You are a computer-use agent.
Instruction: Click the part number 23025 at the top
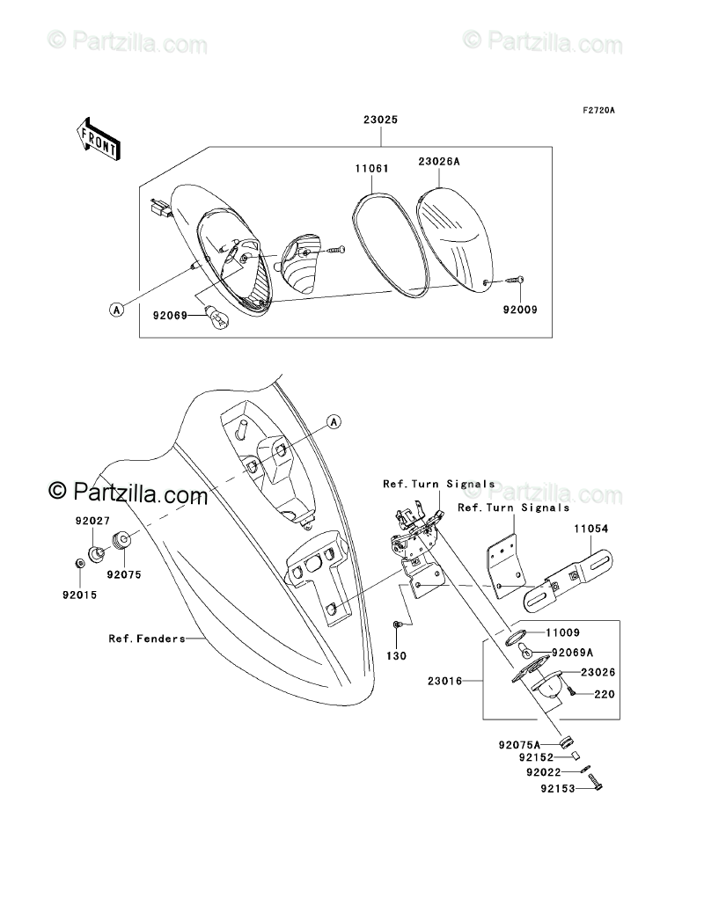point(380,121)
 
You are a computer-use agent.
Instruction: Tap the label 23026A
point(439,161)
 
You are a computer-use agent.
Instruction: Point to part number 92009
point(519,310)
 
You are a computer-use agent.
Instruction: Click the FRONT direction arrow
point(98,138)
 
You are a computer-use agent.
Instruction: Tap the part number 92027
point(91,521)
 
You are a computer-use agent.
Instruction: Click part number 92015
point(79,595)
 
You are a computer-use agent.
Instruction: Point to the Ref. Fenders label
point(147,639)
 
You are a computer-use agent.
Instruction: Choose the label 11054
point(591,529)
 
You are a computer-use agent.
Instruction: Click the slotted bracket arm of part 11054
point(568,580)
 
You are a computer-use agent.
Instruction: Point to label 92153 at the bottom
point(557,789)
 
